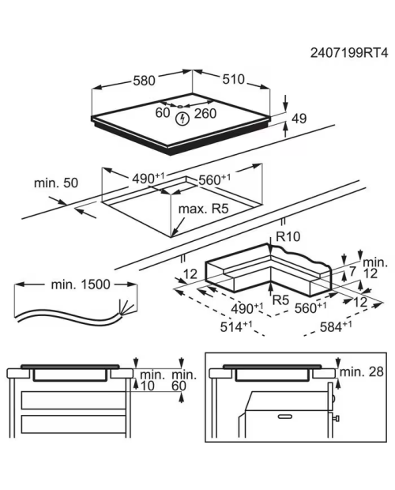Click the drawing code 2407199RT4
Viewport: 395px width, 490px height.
349,53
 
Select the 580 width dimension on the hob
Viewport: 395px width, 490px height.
144,81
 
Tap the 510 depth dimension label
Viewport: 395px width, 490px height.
233,79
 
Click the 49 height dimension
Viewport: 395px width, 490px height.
299,119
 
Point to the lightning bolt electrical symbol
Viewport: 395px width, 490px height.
182,119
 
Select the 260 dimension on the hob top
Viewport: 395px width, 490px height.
205,114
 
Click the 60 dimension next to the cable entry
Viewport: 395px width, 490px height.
163,113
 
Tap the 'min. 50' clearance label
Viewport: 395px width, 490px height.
56,183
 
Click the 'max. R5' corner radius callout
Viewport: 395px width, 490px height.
203,209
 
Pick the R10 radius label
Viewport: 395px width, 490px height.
288,236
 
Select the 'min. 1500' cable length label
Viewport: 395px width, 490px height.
81,285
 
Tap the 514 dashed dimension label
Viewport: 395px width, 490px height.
236,327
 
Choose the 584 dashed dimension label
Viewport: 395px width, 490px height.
336,326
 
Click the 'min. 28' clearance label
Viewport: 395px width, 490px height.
361,372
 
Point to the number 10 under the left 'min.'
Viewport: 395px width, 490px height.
148,386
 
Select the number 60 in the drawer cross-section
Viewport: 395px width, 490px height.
179,386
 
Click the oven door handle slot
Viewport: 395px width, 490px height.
284,416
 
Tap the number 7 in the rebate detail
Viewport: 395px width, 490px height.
352,272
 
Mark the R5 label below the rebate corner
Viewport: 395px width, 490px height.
280,300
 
